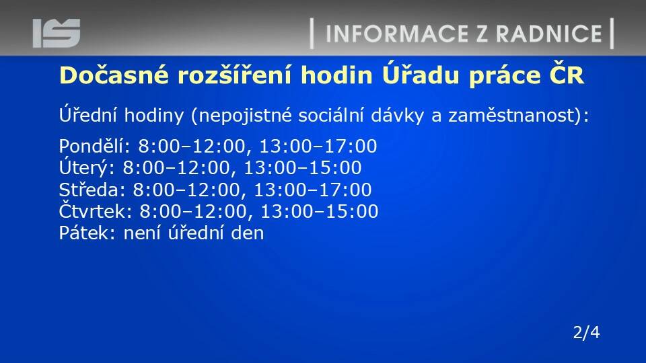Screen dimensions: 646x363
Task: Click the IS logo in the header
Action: point(57,33)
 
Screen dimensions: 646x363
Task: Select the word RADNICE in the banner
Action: point(549,34)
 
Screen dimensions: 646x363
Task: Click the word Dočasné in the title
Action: point(114,75)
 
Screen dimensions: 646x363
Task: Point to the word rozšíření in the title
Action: point(234,75)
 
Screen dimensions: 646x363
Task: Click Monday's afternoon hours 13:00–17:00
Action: point(318,147)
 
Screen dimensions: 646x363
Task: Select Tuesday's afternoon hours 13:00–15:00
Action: point(303,168)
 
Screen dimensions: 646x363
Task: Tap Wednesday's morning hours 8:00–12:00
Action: point(186,190)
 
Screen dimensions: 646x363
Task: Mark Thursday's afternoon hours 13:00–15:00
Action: point(319,211)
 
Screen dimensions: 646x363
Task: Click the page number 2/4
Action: point(586,332)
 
